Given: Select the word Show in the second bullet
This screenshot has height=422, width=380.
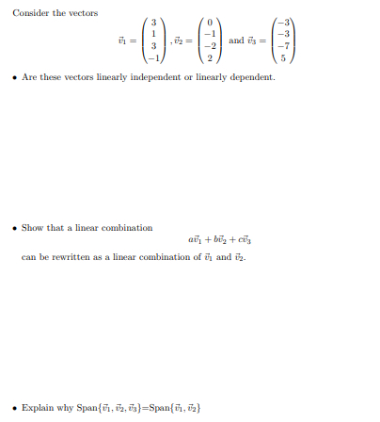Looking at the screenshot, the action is tap(33, 228).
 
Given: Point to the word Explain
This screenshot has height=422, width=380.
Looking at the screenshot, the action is tap(38, 408).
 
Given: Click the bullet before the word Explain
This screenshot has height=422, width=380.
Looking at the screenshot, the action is tap(14, 408).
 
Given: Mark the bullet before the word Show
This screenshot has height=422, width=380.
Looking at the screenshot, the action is tap(14, 228).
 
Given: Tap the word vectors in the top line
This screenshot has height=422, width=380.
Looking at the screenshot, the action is tap(82, 12).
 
